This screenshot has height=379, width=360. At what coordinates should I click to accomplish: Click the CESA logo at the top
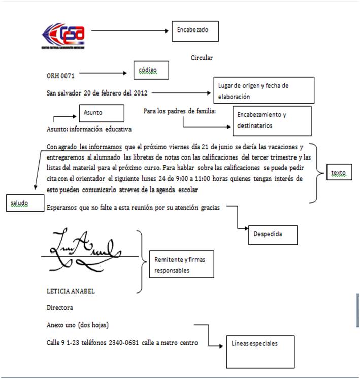(x=63, y=36)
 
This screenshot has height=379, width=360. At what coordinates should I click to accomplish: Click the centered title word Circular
(x=202, y=58)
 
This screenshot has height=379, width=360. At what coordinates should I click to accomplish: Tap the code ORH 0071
(x=59, y=75)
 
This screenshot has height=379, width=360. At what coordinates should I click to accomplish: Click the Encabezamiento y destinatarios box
(x=272, y=120)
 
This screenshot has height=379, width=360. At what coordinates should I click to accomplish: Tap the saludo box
(x=25, y=202)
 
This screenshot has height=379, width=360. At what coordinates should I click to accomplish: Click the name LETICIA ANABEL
(x=71, y=292)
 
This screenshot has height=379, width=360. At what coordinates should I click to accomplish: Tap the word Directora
(x=60, y=308)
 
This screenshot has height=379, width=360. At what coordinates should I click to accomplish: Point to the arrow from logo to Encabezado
(x=129, y=31)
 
